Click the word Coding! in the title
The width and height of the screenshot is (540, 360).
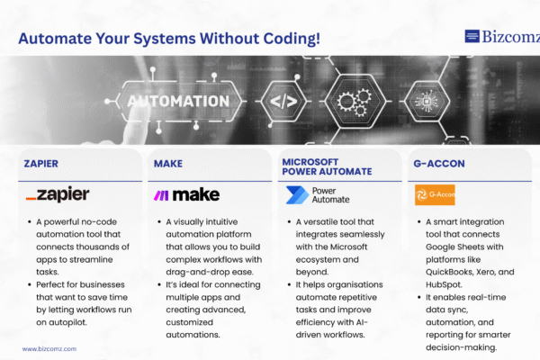pos(292,39)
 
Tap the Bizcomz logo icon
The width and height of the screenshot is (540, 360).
pos(472,36)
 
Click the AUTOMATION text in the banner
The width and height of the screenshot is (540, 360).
pos(178,102)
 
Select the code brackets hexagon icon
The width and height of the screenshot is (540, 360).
pos(283,102)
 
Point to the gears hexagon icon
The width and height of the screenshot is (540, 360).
pos(355,102)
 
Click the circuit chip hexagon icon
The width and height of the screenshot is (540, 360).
pos(427,102)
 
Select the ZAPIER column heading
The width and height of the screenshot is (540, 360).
pos(41,164)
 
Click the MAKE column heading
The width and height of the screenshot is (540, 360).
pos(168,164)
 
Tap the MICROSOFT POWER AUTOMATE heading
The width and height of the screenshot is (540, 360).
pos(327,166)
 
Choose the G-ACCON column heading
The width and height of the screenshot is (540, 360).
pos(439,164)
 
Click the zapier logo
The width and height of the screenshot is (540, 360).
pos(58,194)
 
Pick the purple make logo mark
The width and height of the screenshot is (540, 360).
pos(161,195)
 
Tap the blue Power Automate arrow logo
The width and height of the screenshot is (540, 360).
pos(297,195)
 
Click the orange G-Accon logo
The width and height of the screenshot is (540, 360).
pos(435,194)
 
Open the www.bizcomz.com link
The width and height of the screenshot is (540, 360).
pos(49,349)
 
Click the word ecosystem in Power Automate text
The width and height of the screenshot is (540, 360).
pos(317,260)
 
